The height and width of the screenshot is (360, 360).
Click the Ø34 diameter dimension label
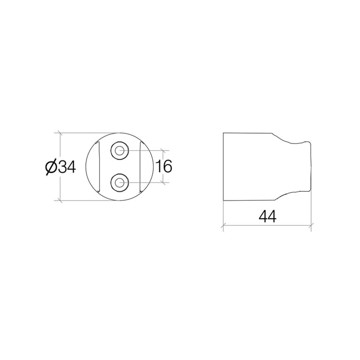tap(60, 167)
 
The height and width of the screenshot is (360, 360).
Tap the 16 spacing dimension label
tap(164, 166)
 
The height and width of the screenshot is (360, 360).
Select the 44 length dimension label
tap(267, 217)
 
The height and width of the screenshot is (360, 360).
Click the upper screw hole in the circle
tap(120, 151)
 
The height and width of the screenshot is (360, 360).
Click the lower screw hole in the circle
tap(120, 183)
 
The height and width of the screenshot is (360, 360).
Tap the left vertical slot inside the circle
tap(99, 167)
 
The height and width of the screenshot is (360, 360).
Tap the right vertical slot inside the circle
tap(140, 167)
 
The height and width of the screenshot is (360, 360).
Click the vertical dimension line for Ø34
tap(60, 167)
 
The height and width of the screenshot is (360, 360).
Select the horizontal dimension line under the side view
tap(267, 225)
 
